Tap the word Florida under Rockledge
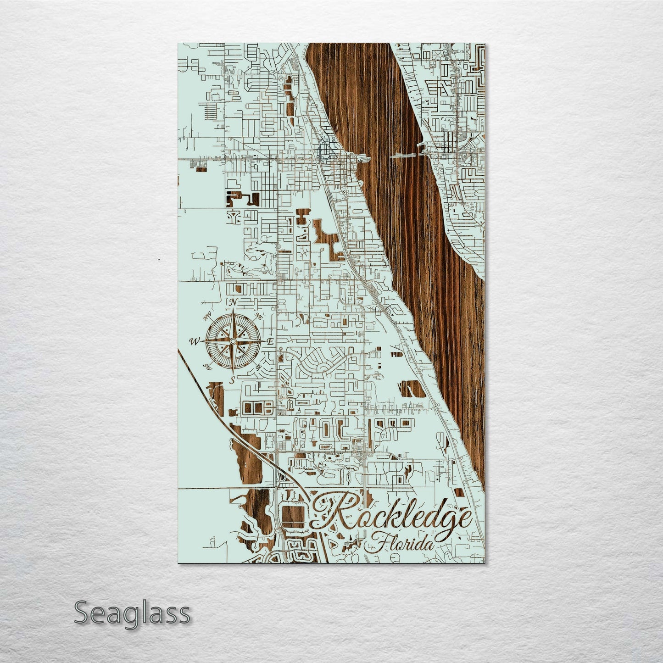400,545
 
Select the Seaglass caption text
132,613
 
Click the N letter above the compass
233,302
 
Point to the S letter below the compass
233,380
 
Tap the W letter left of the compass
195,341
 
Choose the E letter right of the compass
270,341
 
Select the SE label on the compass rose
258,367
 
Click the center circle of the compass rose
233,341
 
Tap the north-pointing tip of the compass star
233,310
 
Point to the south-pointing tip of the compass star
233,373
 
